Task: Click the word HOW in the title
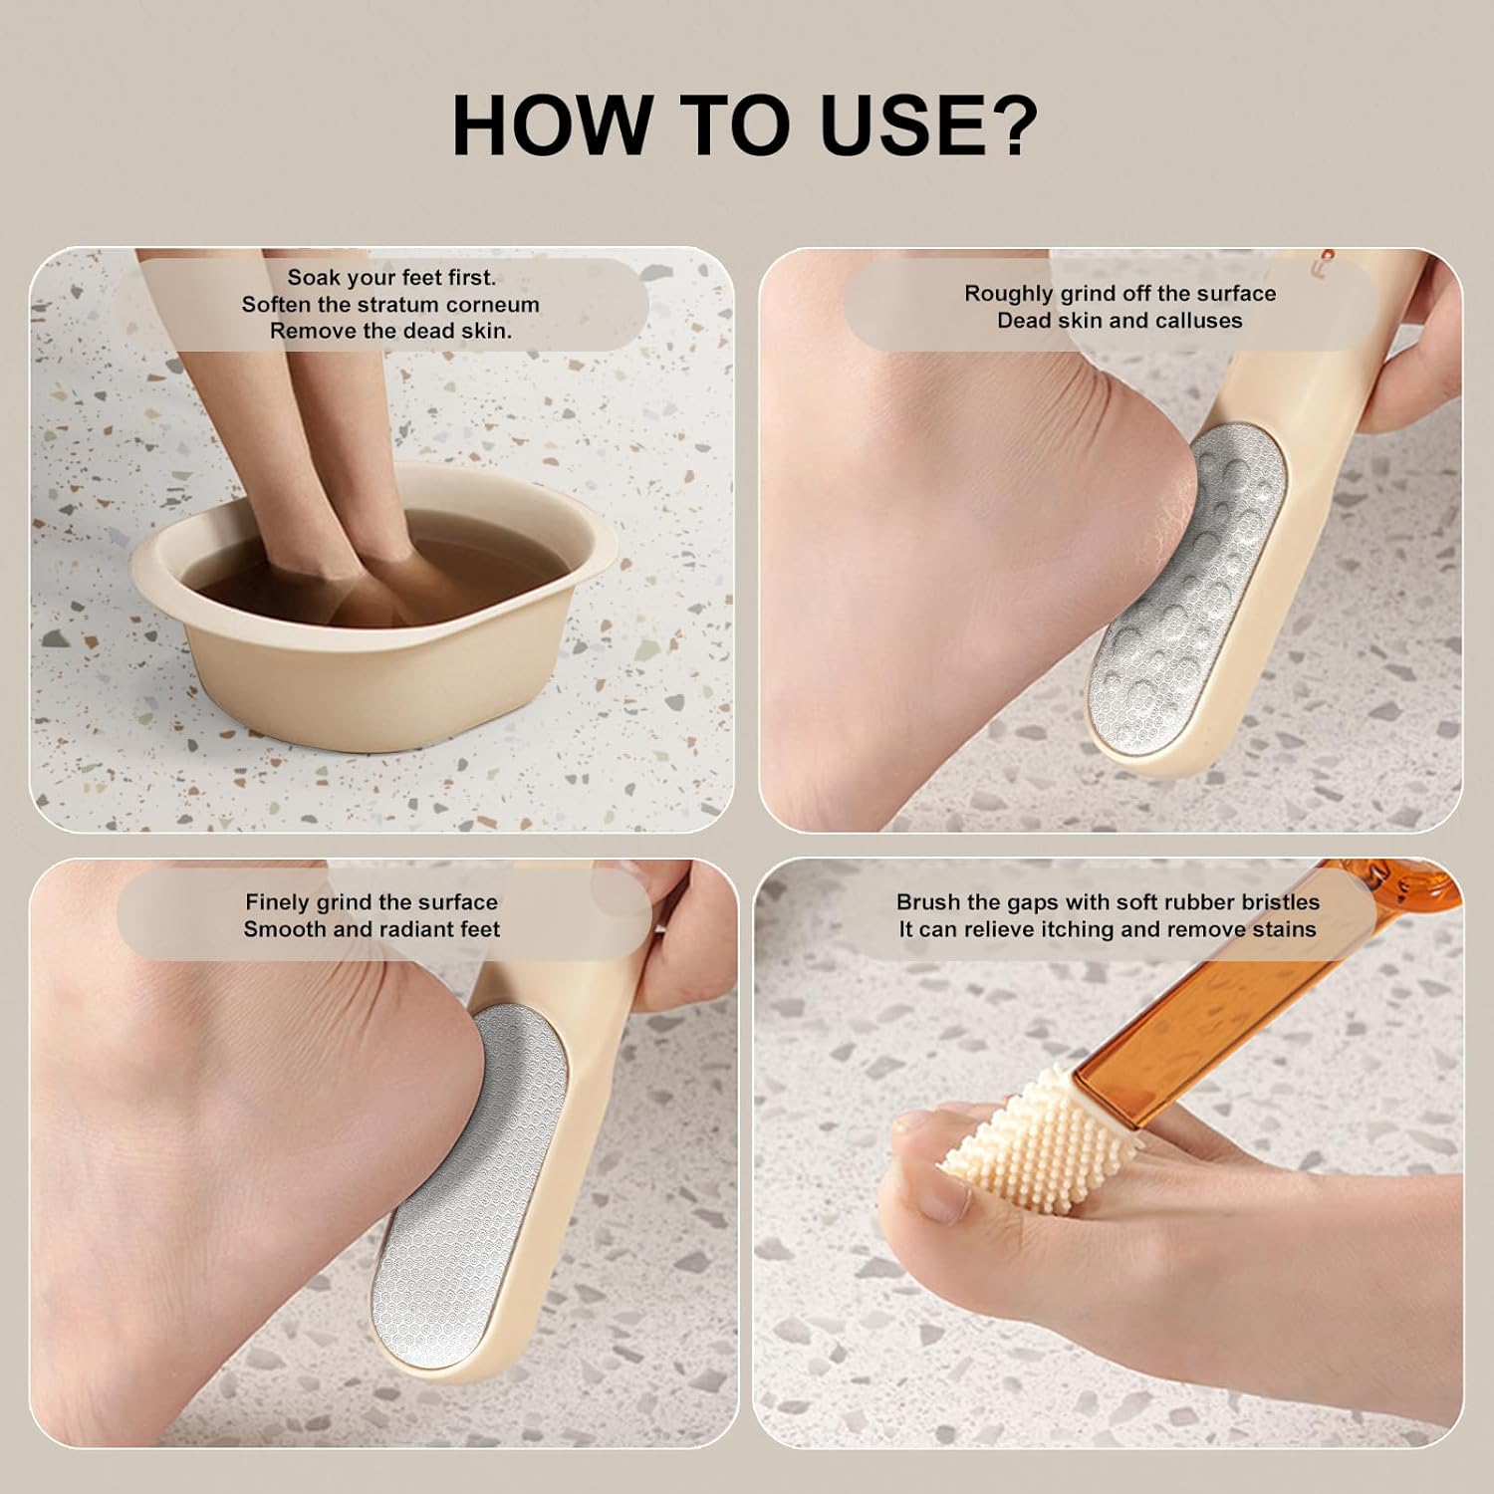click(x=550, y=124)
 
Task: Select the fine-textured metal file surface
click(x=468, y=1195)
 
